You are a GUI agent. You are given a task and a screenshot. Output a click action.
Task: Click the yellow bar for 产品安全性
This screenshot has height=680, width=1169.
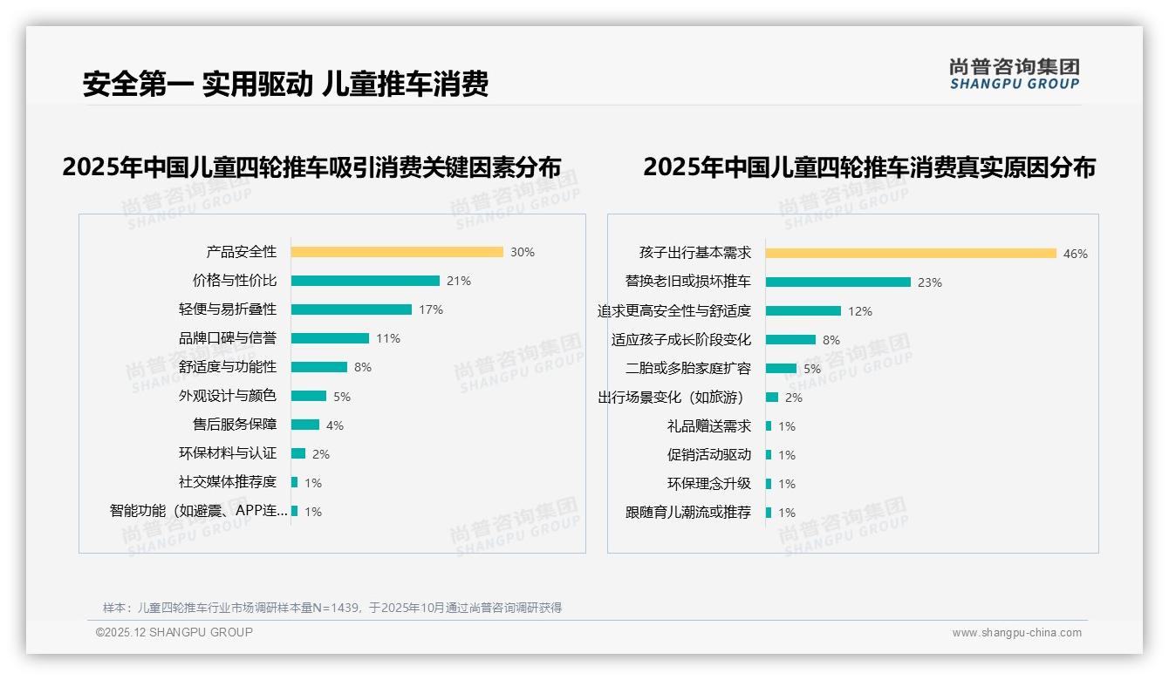point(397,252)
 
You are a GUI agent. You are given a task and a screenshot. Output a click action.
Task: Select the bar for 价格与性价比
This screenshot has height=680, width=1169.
point(365,281)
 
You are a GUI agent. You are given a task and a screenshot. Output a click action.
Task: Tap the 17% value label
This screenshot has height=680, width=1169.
point(431,309)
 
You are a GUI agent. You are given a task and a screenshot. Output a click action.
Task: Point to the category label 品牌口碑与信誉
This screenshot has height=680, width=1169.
point(228,338)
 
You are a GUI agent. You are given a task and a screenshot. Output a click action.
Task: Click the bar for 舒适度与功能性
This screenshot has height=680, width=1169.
point(318,367)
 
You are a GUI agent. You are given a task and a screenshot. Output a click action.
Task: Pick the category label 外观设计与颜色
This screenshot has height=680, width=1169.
point(228,396)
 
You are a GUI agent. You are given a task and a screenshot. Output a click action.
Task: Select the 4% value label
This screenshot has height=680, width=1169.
point(335,425)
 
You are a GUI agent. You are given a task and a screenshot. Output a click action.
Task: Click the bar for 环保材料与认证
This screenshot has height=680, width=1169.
point(298,453)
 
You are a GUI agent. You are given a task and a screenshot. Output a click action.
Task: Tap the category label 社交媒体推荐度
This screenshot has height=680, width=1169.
point(228,482)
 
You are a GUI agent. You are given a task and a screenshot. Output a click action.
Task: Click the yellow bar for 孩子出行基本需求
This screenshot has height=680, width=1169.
point(911,254)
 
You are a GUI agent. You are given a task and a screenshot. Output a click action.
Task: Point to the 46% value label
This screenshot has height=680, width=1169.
point(1076,254)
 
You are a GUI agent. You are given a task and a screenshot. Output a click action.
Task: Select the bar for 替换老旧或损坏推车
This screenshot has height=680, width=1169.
point(838,282)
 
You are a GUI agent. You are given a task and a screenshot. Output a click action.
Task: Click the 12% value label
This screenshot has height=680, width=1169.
point(860,311)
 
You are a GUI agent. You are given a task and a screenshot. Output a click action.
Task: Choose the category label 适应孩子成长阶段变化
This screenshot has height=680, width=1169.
point(681,340)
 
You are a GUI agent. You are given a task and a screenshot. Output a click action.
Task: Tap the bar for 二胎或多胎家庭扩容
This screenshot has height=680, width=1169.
point(781,369)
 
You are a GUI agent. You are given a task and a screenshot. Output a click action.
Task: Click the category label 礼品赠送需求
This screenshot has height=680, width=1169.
point(709,426)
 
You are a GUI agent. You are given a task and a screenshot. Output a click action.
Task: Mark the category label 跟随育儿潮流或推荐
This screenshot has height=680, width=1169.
point(688,513)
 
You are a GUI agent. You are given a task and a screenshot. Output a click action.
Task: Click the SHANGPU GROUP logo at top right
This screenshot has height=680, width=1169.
point(1015,74)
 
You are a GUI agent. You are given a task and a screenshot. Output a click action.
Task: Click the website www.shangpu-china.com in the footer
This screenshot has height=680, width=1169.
point(1016,633)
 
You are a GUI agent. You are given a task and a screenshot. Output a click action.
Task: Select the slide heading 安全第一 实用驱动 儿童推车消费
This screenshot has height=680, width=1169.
point(285,84)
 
